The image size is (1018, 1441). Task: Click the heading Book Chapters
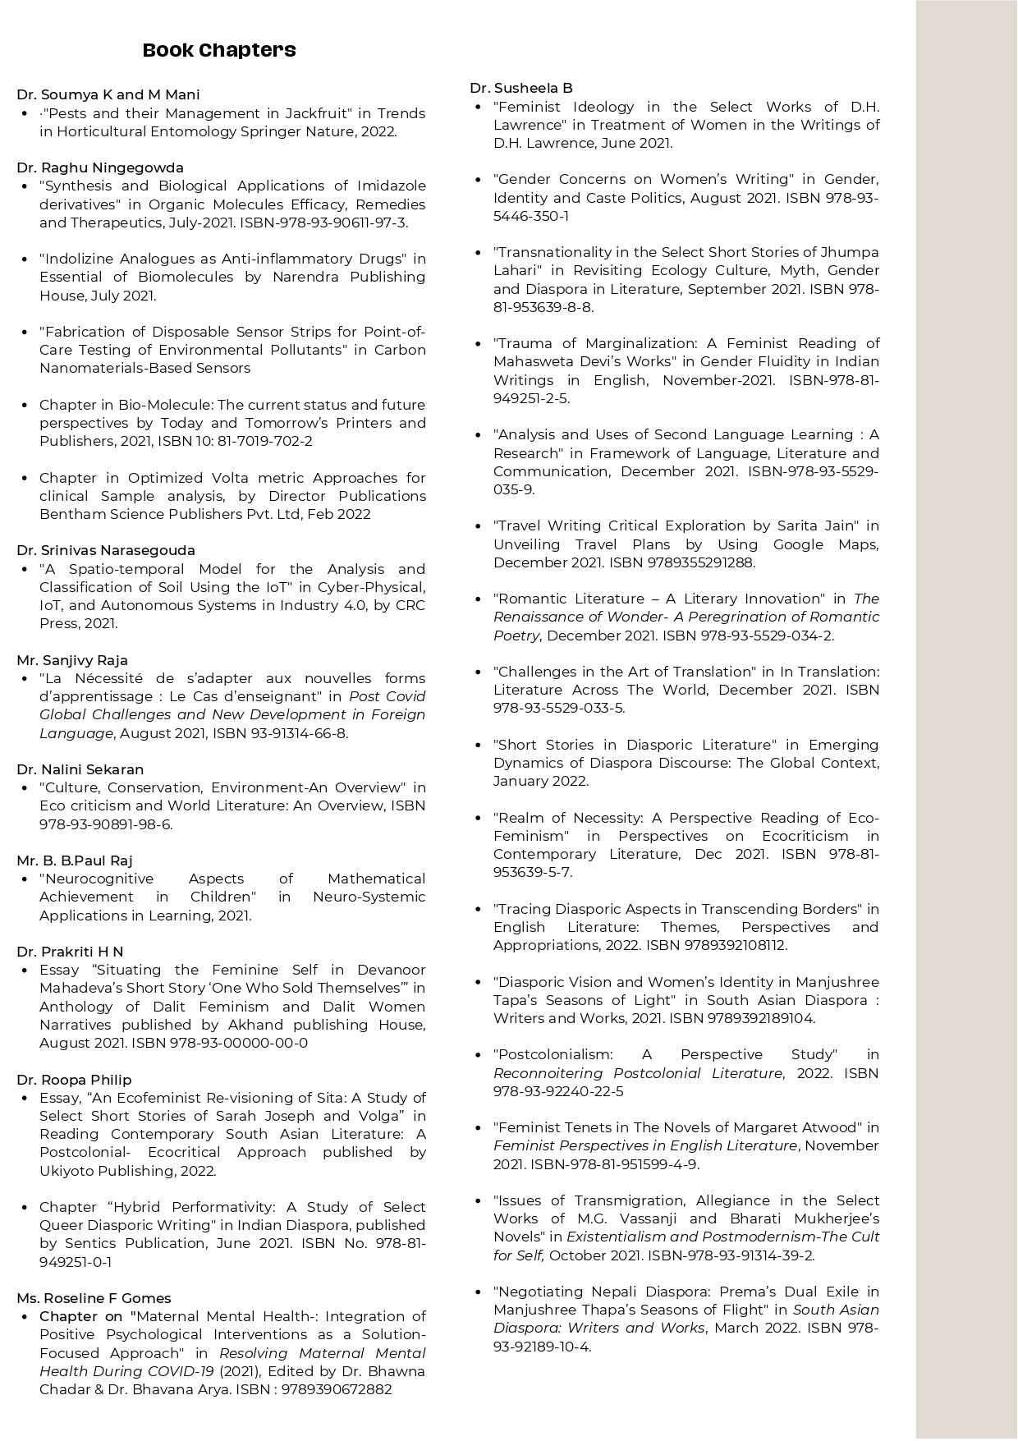coord(219,50)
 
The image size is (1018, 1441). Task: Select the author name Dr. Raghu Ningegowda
coord(100,168)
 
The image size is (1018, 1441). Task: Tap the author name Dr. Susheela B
coord(521,88)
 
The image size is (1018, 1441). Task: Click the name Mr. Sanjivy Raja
coord(72,660)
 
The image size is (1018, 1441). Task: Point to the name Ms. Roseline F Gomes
coord(94,1298)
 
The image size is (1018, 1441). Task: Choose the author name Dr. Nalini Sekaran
coord(80,769)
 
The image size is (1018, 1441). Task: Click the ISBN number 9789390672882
coord(337,1389)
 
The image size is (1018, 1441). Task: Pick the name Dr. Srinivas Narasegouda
coord(106,550)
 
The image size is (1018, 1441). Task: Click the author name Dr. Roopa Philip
coord(74,1080)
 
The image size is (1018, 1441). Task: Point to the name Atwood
coord(831,1127)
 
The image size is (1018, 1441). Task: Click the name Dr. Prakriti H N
coord(70,952)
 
